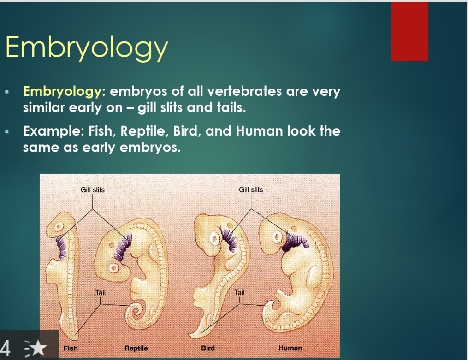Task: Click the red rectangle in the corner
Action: click(x=409, y=31)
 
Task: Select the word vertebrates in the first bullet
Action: click(x=244, y=91)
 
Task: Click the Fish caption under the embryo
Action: click(x=71, y=348)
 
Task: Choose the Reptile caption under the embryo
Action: click(x=136, y=348)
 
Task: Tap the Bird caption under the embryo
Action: click(x=208, y=348)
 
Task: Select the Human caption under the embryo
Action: click(x=290, y=348)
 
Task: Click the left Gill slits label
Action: click(x=93, y=190)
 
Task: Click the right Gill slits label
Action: click(x=251, y=190)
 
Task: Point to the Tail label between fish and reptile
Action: click(x=101, y=292)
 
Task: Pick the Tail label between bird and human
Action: click(x=240, y=292)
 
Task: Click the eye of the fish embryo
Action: click(x=59, y=227)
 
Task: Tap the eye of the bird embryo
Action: click(x=214, y=239)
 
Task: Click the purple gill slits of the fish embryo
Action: click(x=62, y=248)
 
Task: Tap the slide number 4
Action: click(x=6, y=348)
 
